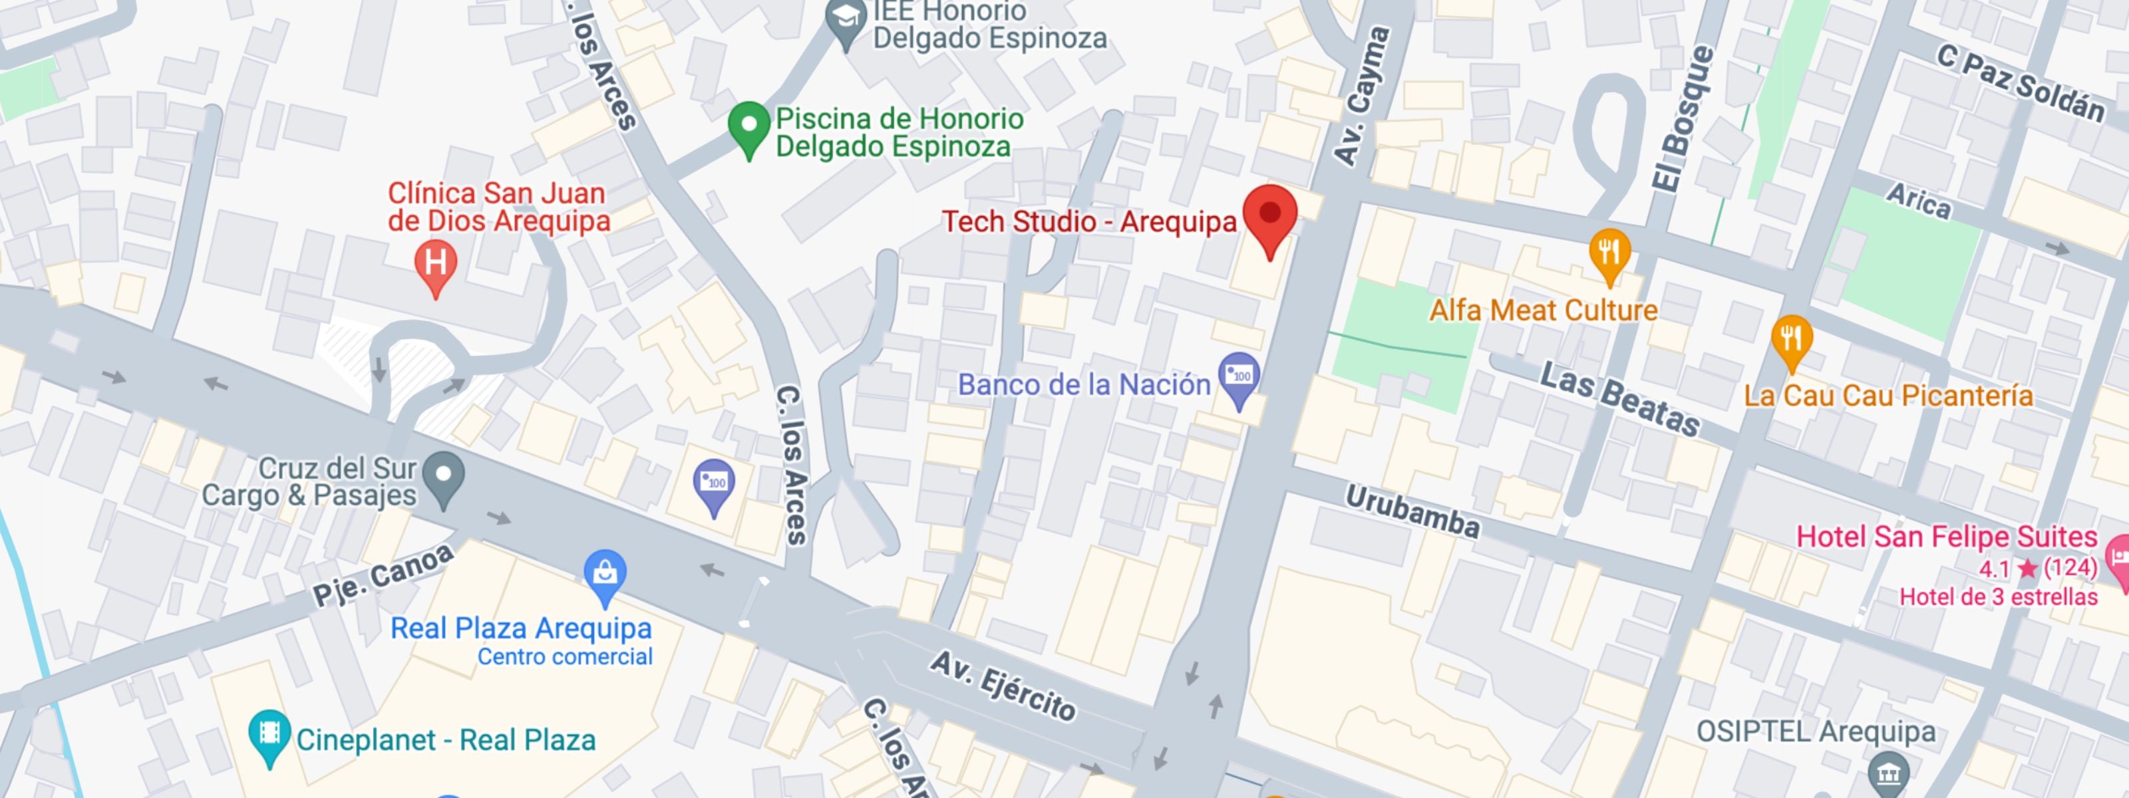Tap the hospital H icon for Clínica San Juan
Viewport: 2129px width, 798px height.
point(436,263)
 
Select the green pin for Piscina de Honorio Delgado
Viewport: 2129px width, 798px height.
point(748,126)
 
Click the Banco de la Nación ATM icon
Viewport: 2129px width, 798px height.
point(1239,376)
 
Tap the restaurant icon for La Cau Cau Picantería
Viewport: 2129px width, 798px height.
point(1791,338)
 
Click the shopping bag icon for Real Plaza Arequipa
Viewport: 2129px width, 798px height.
point(605,572)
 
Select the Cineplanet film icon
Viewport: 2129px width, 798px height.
point(269,733)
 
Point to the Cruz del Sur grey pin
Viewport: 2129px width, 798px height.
point(444,476)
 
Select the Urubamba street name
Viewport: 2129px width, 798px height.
point(1412,511)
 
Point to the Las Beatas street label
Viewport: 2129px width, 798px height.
point(1620,400)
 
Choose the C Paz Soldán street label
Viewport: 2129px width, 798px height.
point(2021,83)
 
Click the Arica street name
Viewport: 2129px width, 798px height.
point(1918,201)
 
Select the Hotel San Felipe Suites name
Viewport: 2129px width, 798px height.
point(1946,537)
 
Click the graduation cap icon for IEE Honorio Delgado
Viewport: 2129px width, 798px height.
point(846,18)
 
